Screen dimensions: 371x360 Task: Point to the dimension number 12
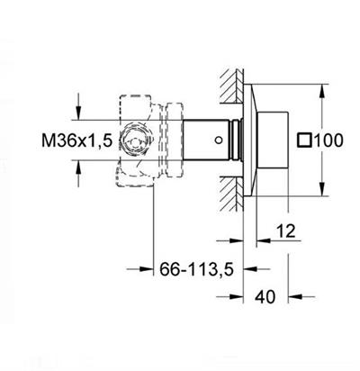pos(286,231)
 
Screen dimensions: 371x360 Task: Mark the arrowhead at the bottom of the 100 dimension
pos(320,192)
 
